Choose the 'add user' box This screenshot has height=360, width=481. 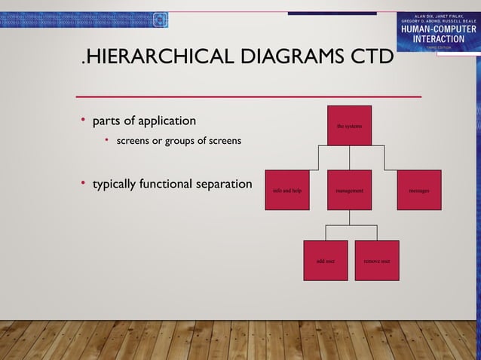pyautogui.click(x=326, y=261)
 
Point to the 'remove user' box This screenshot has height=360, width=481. pyautogui.click(x=377, y=261)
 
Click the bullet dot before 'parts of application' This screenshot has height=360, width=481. pyautogui.click(x=84, y=121)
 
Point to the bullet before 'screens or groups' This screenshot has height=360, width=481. pyautogui.click(x=108, y=140)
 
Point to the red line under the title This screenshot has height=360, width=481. pyautogui.click(x=249, y=96)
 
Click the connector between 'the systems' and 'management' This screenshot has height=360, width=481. pyautogui.click(x=349, y=157)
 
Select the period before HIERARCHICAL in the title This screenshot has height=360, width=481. pyautogui.click(x=83, y=63)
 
